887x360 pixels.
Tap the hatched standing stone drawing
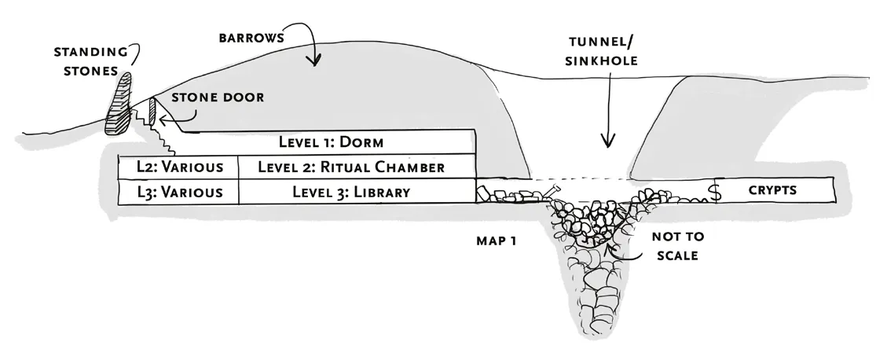point(120,104)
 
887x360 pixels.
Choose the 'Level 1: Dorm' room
point(330,142)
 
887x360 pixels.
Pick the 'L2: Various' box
point(178,167)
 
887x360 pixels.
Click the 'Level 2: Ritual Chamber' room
point(357,167)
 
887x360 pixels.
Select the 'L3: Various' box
point(178,192)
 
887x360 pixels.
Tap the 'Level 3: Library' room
point(357,192)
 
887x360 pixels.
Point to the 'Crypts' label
point(772,190)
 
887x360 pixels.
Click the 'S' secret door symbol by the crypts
point(716,191)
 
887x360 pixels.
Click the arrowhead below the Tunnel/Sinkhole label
point(606,141)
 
